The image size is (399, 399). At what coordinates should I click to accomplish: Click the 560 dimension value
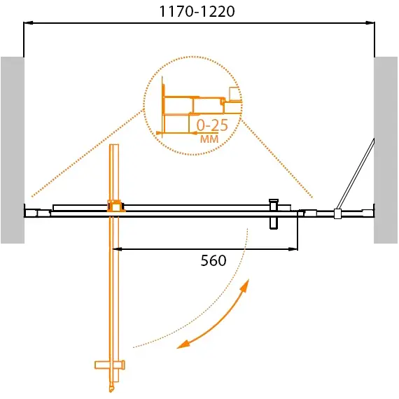pyautogui.click(x=213, y=261)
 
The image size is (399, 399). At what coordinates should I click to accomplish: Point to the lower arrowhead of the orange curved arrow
pyautogui.click(x=183, y=343)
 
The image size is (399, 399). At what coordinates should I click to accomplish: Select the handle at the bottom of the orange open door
pyautogui.click(x=110, y=365)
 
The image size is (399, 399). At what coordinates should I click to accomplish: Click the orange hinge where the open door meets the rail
pyautogui.click(x=114, y=206)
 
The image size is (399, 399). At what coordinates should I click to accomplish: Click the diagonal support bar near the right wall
pyautogui.click(x=356, y=175)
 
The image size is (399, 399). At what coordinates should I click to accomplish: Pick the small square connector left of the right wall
pyautogui.click(x=337, y=213)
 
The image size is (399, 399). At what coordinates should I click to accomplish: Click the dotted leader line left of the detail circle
pyautogui.click(x=84, y=154)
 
